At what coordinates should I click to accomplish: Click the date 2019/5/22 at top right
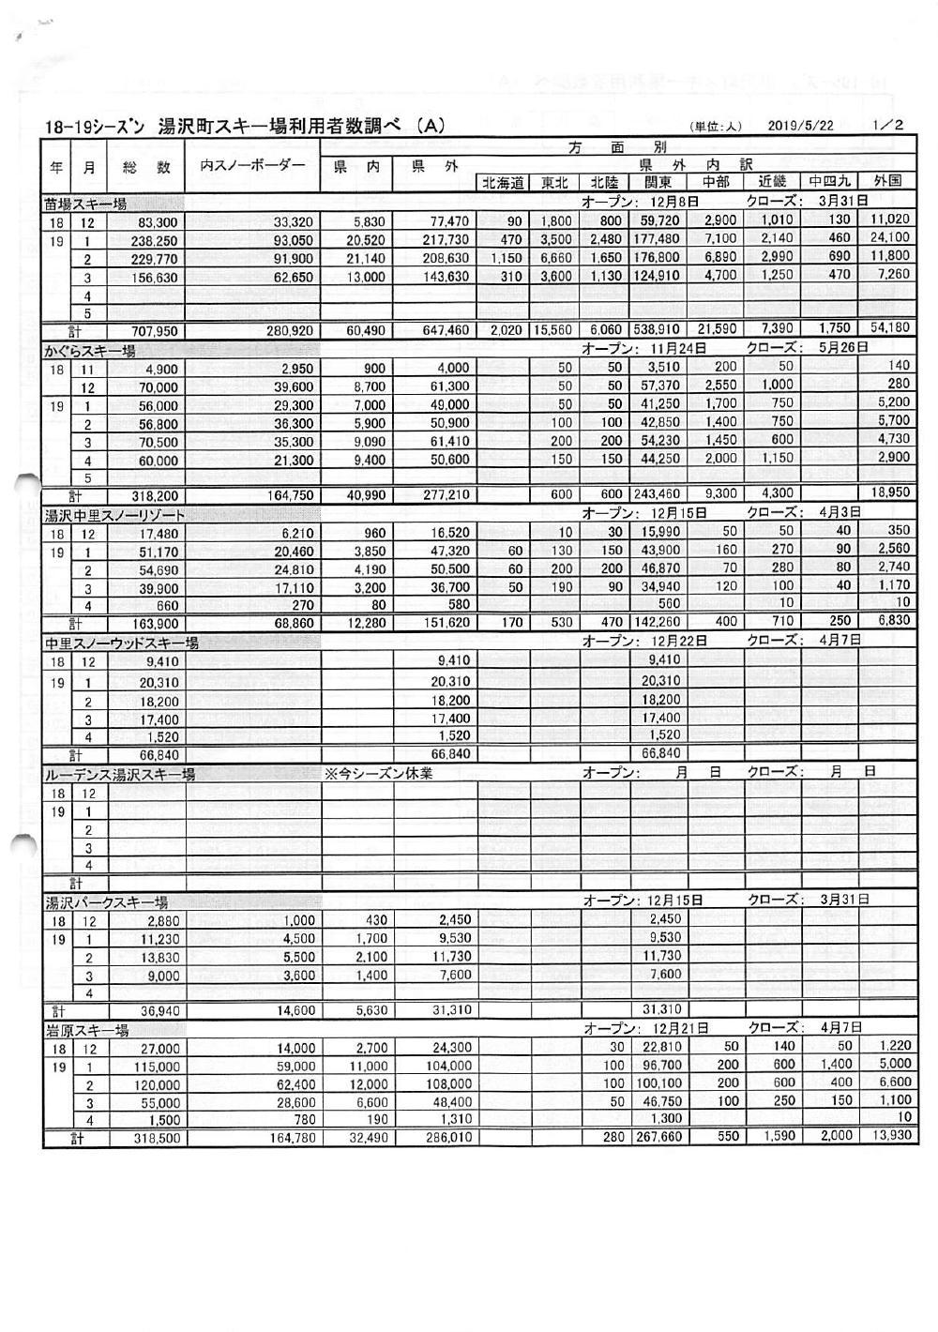point(800,126)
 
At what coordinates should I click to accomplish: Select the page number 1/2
point(886,125)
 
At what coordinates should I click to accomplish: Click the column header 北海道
point(504,183)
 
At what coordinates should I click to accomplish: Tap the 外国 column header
point(886,181)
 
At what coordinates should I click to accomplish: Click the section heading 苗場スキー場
point(85,203)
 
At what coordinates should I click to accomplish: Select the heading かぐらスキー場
point(90,351)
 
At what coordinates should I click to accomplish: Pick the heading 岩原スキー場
point(87,1030)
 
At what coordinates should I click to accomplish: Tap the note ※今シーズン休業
point(378,774)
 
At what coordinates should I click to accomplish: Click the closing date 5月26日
point(843,349)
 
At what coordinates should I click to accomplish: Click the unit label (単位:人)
point(716,127)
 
